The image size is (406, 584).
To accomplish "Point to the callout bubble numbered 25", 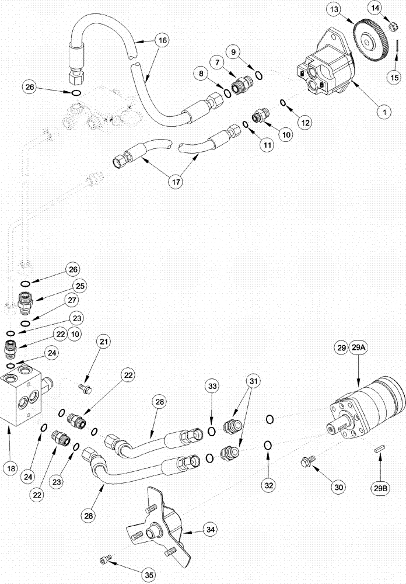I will [79, 285].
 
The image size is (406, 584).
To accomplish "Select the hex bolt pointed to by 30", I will [305, 463].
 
